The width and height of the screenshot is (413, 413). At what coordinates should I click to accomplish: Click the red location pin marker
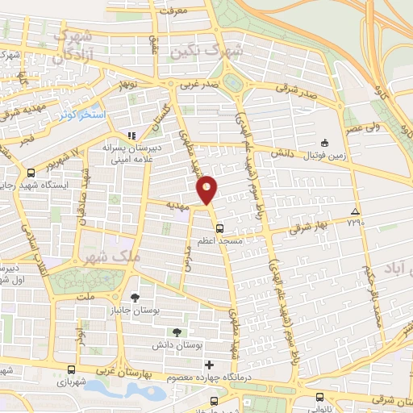pyautogui.click(x=207, y=189)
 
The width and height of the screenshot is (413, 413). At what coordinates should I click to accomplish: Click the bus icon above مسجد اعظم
pyautogui.click(x=219, y=227)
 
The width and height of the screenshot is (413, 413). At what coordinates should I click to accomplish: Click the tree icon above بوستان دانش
pyautogui.click(x=177, y=332)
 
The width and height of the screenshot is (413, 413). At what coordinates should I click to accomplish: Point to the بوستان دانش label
pyautogui.click(x=177, y=344)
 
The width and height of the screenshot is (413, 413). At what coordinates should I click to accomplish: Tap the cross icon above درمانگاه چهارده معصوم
pyautogui.click(x=209, y=365)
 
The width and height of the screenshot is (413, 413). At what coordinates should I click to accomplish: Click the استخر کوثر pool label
pyautogui.click(x=82, y=115)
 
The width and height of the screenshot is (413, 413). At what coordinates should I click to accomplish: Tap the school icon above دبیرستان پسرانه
pyautogui.click(x=131, y=136)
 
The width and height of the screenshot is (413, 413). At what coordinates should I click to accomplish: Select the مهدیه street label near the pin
pyautogui.click(x=177, y=206)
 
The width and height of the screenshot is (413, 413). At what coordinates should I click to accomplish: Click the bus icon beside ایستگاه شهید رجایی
pyautogui.click(x=31, y=173)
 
